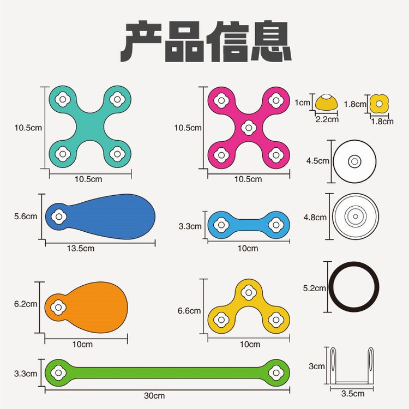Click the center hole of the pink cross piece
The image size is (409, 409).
tap(249, 128)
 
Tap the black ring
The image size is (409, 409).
tap(354, 287)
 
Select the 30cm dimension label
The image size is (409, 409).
tap(154, 396)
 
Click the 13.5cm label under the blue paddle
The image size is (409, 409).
tap(81, 248)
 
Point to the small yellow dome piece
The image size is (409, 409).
tap(326, 102)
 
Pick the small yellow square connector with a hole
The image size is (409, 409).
tap(379, 104)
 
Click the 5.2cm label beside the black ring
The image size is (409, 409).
tap(314, 288)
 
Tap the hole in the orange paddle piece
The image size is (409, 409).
tap(58, 308)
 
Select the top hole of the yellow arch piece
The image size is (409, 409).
tap(249, 292)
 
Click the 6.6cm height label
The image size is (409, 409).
tap(189, 311)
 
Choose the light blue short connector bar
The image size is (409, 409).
tap(249, 225)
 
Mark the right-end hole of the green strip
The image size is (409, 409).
tap(276, 373)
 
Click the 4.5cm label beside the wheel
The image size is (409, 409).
tap(318, 161)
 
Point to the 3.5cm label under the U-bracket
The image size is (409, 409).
tap(353, 394)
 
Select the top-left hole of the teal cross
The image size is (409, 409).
tap(63, 99)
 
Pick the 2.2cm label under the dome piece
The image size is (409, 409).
tap(327, 119)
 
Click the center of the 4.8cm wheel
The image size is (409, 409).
tap(356, 216)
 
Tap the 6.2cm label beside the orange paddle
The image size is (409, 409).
tap(26, 304)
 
